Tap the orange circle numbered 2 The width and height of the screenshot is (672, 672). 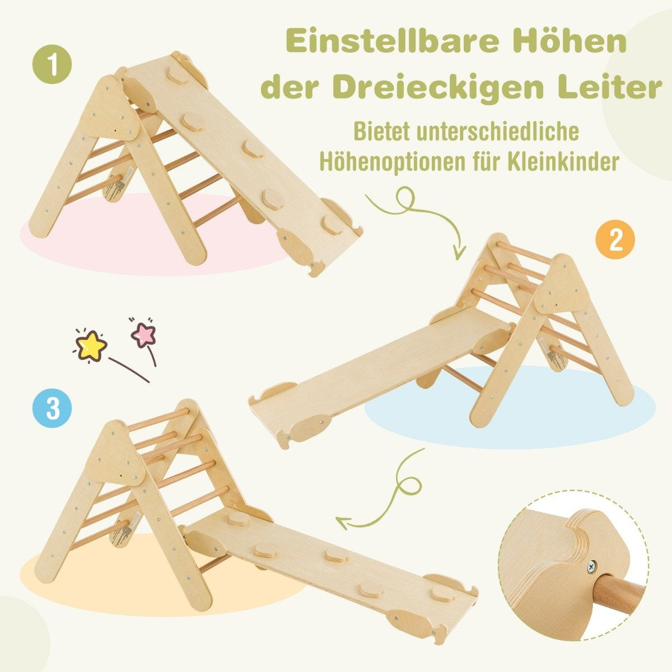pyautogui.click(x=615, y=240)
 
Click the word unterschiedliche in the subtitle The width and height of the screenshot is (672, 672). pyautogui.click(x=501, y=132)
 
